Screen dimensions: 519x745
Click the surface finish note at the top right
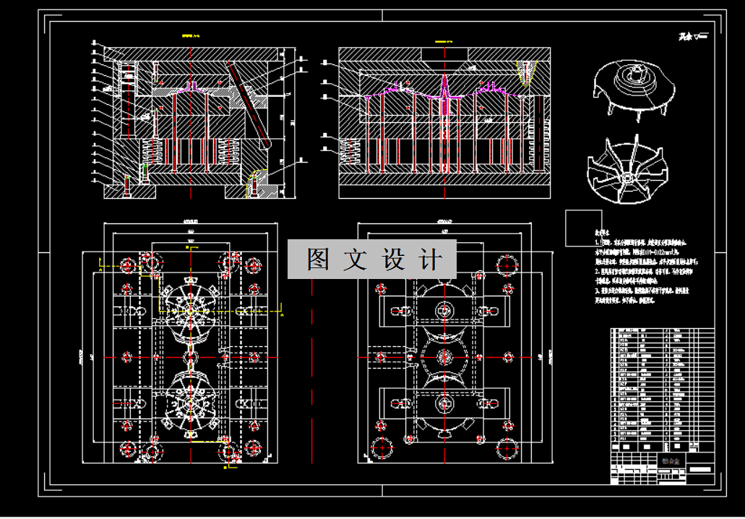[693, 36]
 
